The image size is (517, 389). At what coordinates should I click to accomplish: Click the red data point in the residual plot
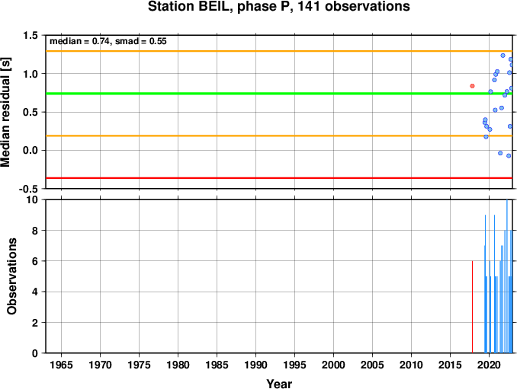472,86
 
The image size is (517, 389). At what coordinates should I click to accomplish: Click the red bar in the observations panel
472,307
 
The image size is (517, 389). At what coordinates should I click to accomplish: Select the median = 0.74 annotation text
79,41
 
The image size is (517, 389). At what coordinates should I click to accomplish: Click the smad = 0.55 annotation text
141,41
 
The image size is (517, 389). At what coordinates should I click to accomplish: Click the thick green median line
279,94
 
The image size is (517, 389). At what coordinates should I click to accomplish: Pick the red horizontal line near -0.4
279,178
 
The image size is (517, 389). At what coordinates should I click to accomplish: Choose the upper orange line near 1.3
279,51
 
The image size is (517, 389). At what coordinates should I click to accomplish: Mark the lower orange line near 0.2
279,136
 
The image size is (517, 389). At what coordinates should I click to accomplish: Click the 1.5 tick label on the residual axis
31,35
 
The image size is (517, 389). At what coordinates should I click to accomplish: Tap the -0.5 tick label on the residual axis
28,189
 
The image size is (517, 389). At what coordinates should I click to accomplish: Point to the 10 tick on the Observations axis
32,199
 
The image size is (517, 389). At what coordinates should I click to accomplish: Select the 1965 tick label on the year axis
61,365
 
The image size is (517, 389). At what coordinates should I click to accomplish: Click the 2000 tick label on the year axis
333,365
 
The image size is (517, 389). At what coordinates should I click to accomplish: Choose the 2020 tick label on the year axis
489,365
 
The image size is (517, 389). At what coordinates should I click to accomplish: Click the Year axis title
279,384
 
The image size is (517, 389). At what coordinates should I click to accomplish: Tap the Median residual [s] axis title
5,112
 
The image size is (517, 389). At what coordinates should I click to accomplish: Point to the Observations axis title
12,276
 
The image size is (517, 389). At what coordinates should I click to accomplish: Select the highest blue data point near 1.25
503,56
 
